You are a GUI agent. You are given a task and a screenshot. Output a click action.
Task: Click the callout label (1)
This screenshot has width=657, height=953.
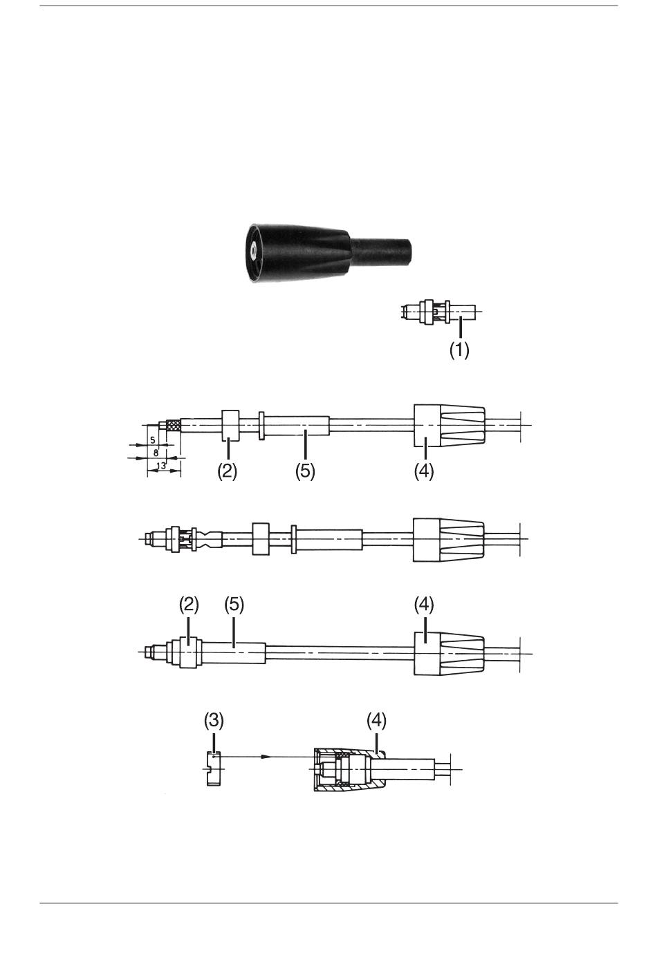click(459, 350)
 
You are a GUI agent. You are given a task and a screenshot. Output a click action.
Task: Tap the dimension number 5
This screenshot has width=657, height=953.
click(153, 440)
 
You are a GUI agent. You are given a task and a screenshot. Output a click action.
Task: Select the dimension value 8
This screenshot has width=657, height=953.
click(156, 453)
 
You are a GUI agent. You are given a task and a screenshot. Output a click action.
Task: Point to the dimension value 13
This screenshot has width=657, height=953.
click(161, 466)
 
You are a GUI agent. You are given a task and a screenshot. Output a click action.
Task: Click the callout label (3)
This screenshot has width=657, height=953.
click(214, 720)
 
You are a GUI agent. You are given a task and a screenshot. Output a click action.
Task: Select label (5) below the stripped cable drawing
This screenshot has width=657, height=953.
click(305, 471)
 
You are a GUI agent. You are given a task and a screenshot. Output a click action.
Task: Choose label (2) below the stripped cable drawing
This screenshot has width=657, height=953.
click(227, 471)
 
